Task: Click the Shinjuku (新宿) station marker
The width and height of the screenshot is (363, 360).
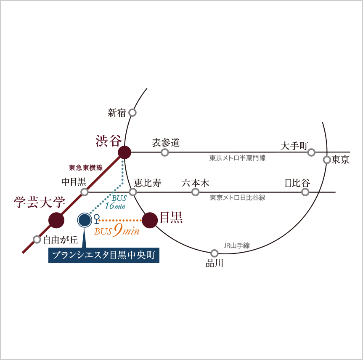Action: coord(132,113)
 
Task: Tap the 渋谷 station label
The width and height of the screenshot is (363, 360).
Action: coord(108,141)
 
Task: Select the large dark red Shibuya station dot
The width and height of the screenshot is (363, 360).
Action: coord(124,152)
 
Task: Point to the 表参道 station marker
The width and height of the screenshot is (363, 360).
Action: coord(165,152)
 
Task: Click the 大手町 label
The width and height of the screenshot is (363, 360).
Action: coord(294,146)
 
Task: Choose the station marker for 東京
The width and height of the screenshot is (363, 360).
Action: coord(327,160)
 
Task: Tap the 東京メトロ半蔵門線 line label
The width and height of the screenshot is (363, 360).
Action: coord(237,158)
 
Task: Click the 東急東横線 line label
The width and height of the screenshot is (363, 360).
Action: coord(86,168)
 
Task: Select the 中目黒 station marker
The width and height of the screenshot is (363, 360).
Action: coord(85,192)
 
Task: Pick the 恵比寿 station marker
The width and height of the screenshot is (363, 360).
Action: coord(133,192)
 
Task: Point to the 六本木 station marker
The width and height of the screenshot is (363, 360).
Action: coord(195,192)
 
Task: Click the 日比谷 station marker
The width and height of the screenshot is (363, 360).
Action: coord(305,192)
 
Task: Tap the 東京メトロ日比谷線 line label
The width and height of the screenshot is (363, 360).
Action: coord(237,197)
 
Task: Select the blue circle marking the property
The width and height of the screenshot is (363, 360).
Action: coord(85,220)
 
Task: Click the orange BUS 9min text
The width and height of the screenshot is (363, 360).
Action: coord(117,231)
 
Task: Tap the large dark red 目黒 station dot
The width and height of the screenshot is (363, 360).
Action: coord(150,220)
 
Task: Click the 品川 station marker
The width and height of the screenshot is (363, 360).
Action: coord(215,253)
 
